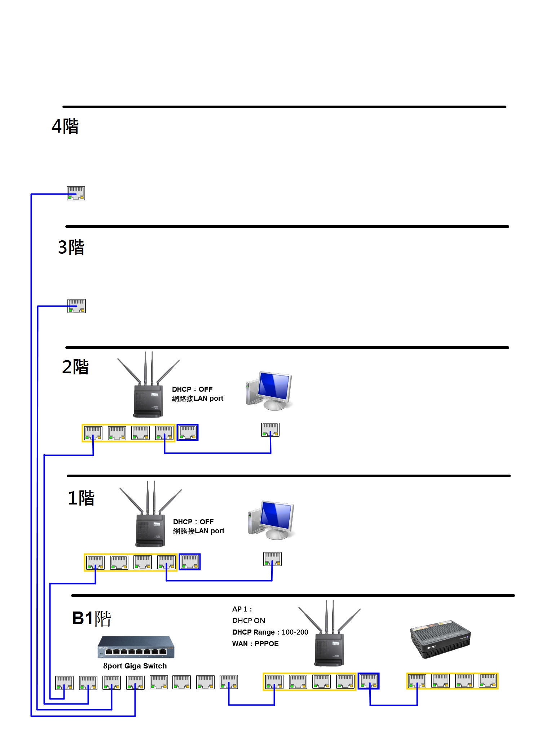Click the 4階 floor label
tap(65, 126)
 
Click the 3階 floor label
tap(71, 247)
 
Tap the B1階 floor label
tap(92, 618)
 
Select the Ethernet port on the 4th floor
tap(76, 193)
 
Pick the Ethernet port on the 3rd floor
tap(76, 306)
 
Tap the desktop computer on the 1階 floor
tap(271, 520)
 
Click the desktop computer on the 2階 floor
tap(269, 391)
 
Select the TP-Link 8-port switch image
tap(136, 648)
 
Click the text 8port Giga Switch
tap(135, 666)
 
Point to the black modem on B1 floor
tap(440, 639)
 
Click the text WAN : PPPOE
tap(255, 644)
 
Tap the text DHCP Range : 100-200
tap(270, 632)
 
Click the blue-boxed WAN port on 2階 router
tap(188, 432)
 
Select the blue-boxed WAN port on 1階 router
tap(190, 562)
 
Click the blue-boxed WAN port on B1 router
tap(369, 681)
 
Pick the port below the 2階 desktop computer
tap(270, 430)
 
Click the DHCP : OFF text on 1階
tap(193, 522)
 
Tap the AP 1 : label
tap(242, 609)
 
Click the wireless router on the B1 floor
tap(329, 633)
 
